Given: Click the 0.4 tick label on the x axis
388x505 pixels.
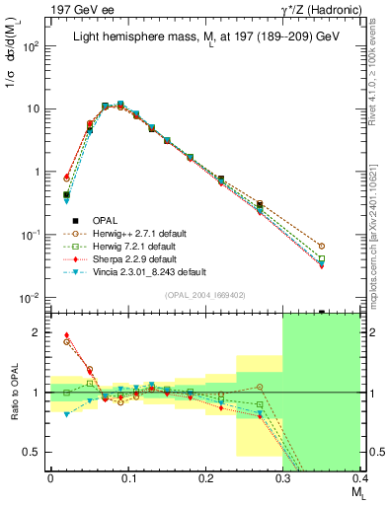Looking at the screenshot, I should click(x=360, y=479).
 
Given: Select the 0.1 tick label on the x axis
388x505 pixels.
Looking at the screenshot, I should click(x=127, y=479).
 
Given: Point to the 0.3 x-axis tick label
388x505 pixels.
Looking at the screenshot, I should click(x=282, y=479).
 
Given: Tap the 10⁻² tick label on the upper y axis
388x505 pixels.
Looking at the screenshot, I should click(x=31, y=298).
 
